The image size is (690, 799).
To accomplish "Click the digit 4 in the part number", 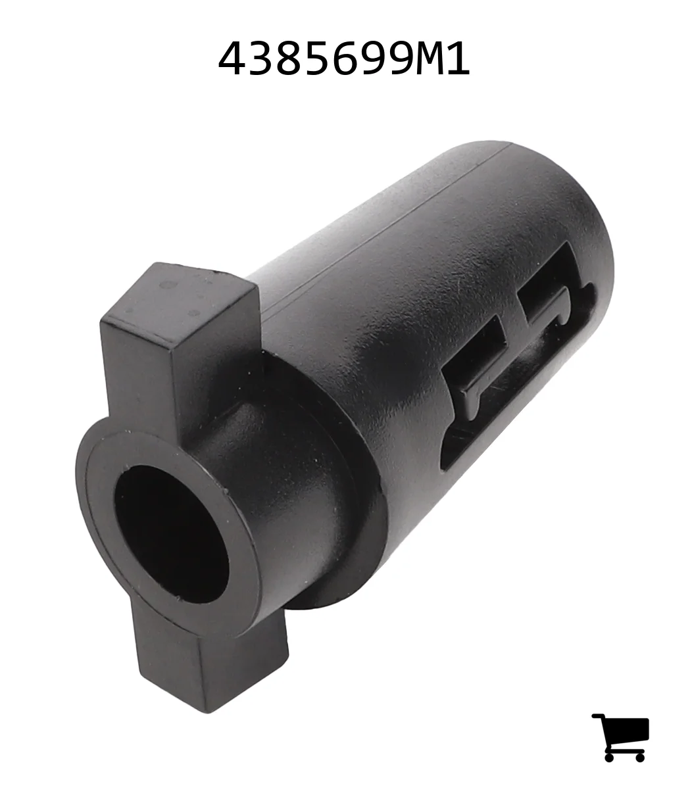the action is point(232,59).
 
